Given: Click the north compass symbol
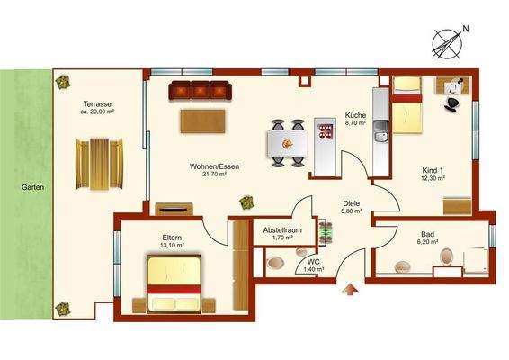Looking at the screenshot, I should [449, 40].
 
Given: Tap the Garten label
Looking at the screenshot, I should [23, 189].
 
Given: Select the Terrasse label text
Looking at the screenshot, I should [96, 102].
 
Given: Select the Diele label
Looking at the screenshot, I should [352, 202].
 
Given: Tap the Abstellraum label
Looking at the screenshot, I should [281, 229].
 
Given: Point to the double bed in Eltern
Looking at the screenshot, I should [174, 283].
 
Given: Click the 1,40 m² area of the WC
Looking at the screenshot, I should [312, 269].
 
